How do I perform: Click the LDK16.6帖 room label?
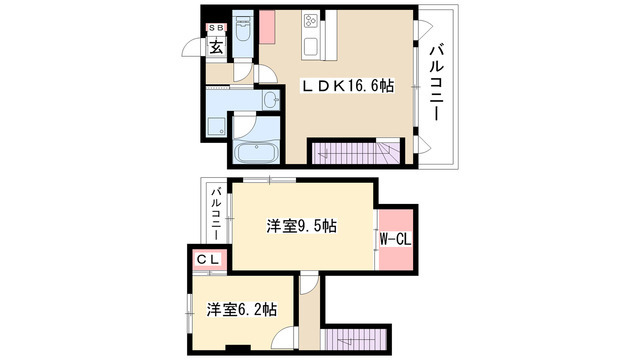click(x=348, y=86)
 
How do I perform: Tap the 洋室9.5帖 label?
click(x=301, y=226)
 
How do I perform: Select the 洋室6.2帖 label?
click(x=242, y=309)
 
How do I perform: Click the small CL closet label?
click(x=207, y=259)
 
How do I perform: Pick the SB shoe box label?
click(x=216, y=28)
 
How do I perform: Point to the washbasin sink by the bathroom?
click(x=271, y=100)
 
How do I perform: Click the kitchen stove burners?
click(x=311, y=23)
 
